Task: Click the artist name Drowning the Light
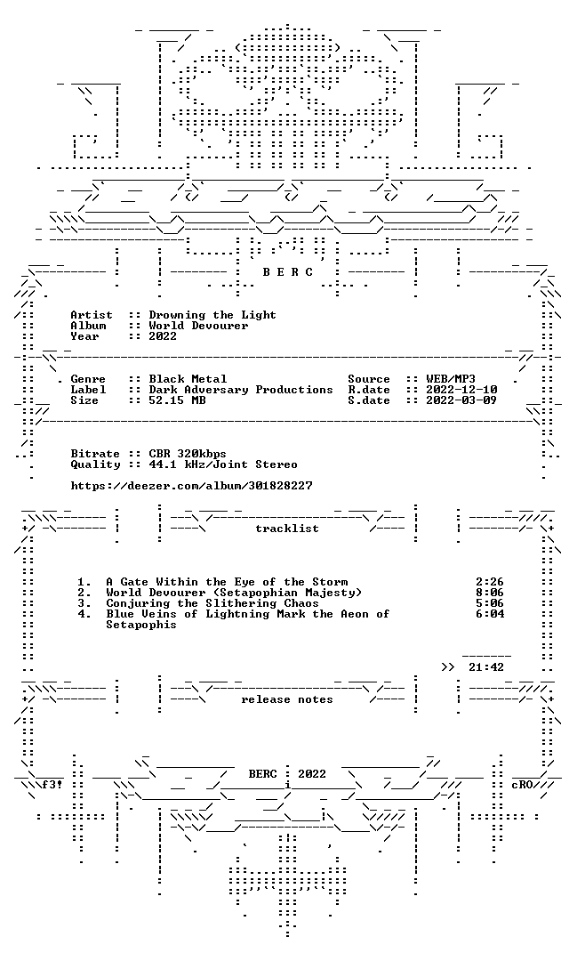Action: pos(212,315)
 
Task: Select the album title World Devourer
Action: pos(198,326)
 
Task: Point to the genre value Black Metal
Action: pos(188,379)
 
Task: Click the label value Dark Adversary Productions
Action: pos(241,390)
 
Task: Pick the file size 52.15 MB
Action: pos(177,400)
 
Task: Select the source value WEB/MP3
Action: pos(451,379)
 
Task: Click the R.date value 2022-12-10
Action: pos(461,390)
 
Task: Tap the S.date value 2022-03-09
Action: pos(461,400)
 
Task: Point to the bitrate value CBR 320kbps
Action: pos(188,454)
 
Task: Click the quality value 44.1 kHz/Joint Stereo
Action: pos(223,464)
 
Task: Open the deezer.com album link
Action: pos(192,486)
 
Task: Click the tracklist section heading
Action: pos(287,529)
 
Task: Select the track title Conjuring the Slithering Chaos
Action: pos(212,603)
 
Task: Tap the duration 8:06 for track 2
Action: pos(490,593)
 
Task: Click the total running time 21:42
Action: pos(486,667)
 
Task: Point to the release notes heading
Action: pos(287,699)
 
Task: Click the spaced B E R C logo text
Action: pos(288,272)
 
